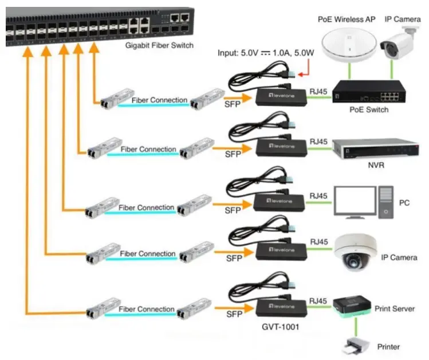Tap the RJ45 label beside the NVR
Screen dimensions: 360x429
pyautogui.click(x=318, y=140)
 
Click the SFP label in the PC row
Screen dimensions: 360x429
pyautogui.click(x=233, y=210)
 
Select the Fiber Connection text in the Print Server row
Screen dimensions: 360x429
pyautogui.click(x=147, y=310)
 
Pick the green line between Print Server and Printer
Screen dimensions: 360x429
pyautogui.click(x=356, y=327)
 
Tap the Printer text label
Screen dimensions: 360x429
pyautogui.click(x=389, y=346)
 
